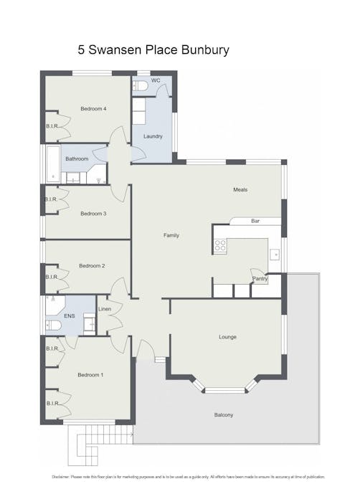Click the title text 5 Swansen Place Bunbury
153,51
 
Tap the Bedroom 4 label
93,109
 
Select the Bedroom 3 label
93,213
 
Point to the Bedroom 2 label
92,266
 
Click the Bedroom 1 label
90,374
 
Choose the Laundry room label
153,136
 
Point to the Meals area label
240,190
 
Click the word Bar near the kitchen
255,221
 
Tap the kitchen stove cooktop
221,245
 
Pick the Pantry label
259,279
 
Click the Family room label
171,235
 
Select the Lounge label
227,336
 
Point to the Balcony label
223,415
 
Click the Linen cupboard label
104,309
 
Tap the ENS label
70,315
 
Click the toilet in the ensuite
54,326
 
